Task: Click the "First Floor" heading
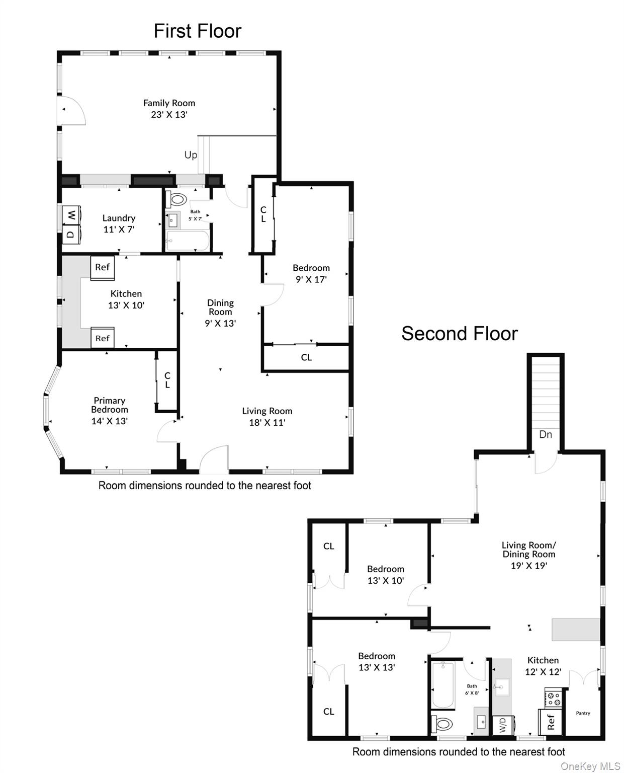[x=197, y=31]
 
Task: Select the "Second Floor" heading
[x=460, y=333]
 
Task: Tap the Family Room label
[x=169, y=109]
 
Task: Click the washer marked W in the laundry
[x=72, y=215]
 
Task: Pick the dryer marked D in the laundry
[x=71, y=234]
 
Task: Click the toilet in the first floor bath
[x=176, y=199]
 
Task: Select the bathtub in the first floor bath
[x=187, y=240]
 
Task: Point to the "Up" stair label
[x=191, y=155]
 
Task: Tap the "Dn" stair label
[x=546, y=434]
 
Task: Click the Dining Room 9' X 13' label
[x=220, y=313]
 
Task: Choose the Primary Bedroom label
[x=109, y=410]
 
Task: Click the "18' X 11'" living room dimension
[x=267, y=422]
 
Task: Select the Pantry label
[x=583, y=713]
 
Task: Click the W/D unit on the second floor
[x=502, y=725]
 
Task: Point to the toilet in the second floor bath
[x=441, y=724]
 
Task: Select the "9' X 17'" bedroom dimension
[x=311, y=279]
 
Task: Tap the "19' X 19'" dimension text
[x=528, y=566]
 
